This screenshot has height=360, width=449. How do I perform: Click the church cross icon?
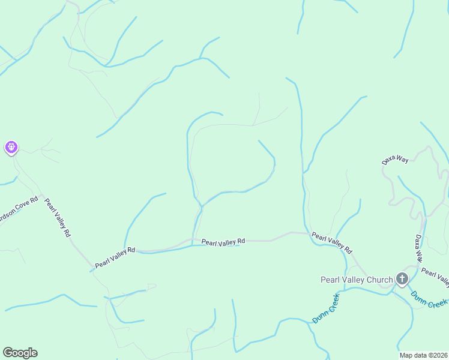pyautogui.click(x=402, y=279)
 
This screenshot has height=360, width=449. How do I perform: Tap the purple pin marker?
pyautogui.click(x=11, y=147)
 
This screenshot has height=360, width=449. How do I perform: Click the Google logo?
pyautogui.click(x=20, y=353)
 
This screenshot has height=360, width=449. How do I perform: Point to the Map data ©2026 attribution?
pyautogui.click(x=422, y=355)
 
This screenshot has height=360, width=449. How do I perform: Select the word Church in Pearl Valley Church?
pyautogui.click(x=379, y=280)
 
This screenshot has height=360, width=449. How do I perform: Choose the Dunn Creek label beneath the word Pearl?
pyautogui.click(x=325, y=308)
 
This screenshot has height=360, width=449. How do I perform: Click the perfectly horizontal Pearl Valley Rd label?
pyautogui.click(x=223, y=242)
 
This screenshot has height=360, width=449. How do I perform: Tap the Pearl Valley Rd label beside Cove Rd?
pyautogui.click(x=58, y=217)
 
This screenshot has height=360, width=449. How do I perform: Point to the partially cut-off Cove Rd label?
pyautogui.click(x=18, y=209)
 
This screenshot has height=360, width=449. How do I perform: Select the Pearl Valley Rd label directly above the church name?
pyautogui.click(x=331, y=242)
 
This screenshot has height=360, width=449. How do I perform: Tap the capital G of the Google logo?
pyautogui.click(x=7, y=353)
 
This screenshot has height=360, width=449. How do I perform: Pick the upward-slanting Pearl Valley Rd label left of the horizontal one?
pyautogui.click(x=115, y=257)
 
